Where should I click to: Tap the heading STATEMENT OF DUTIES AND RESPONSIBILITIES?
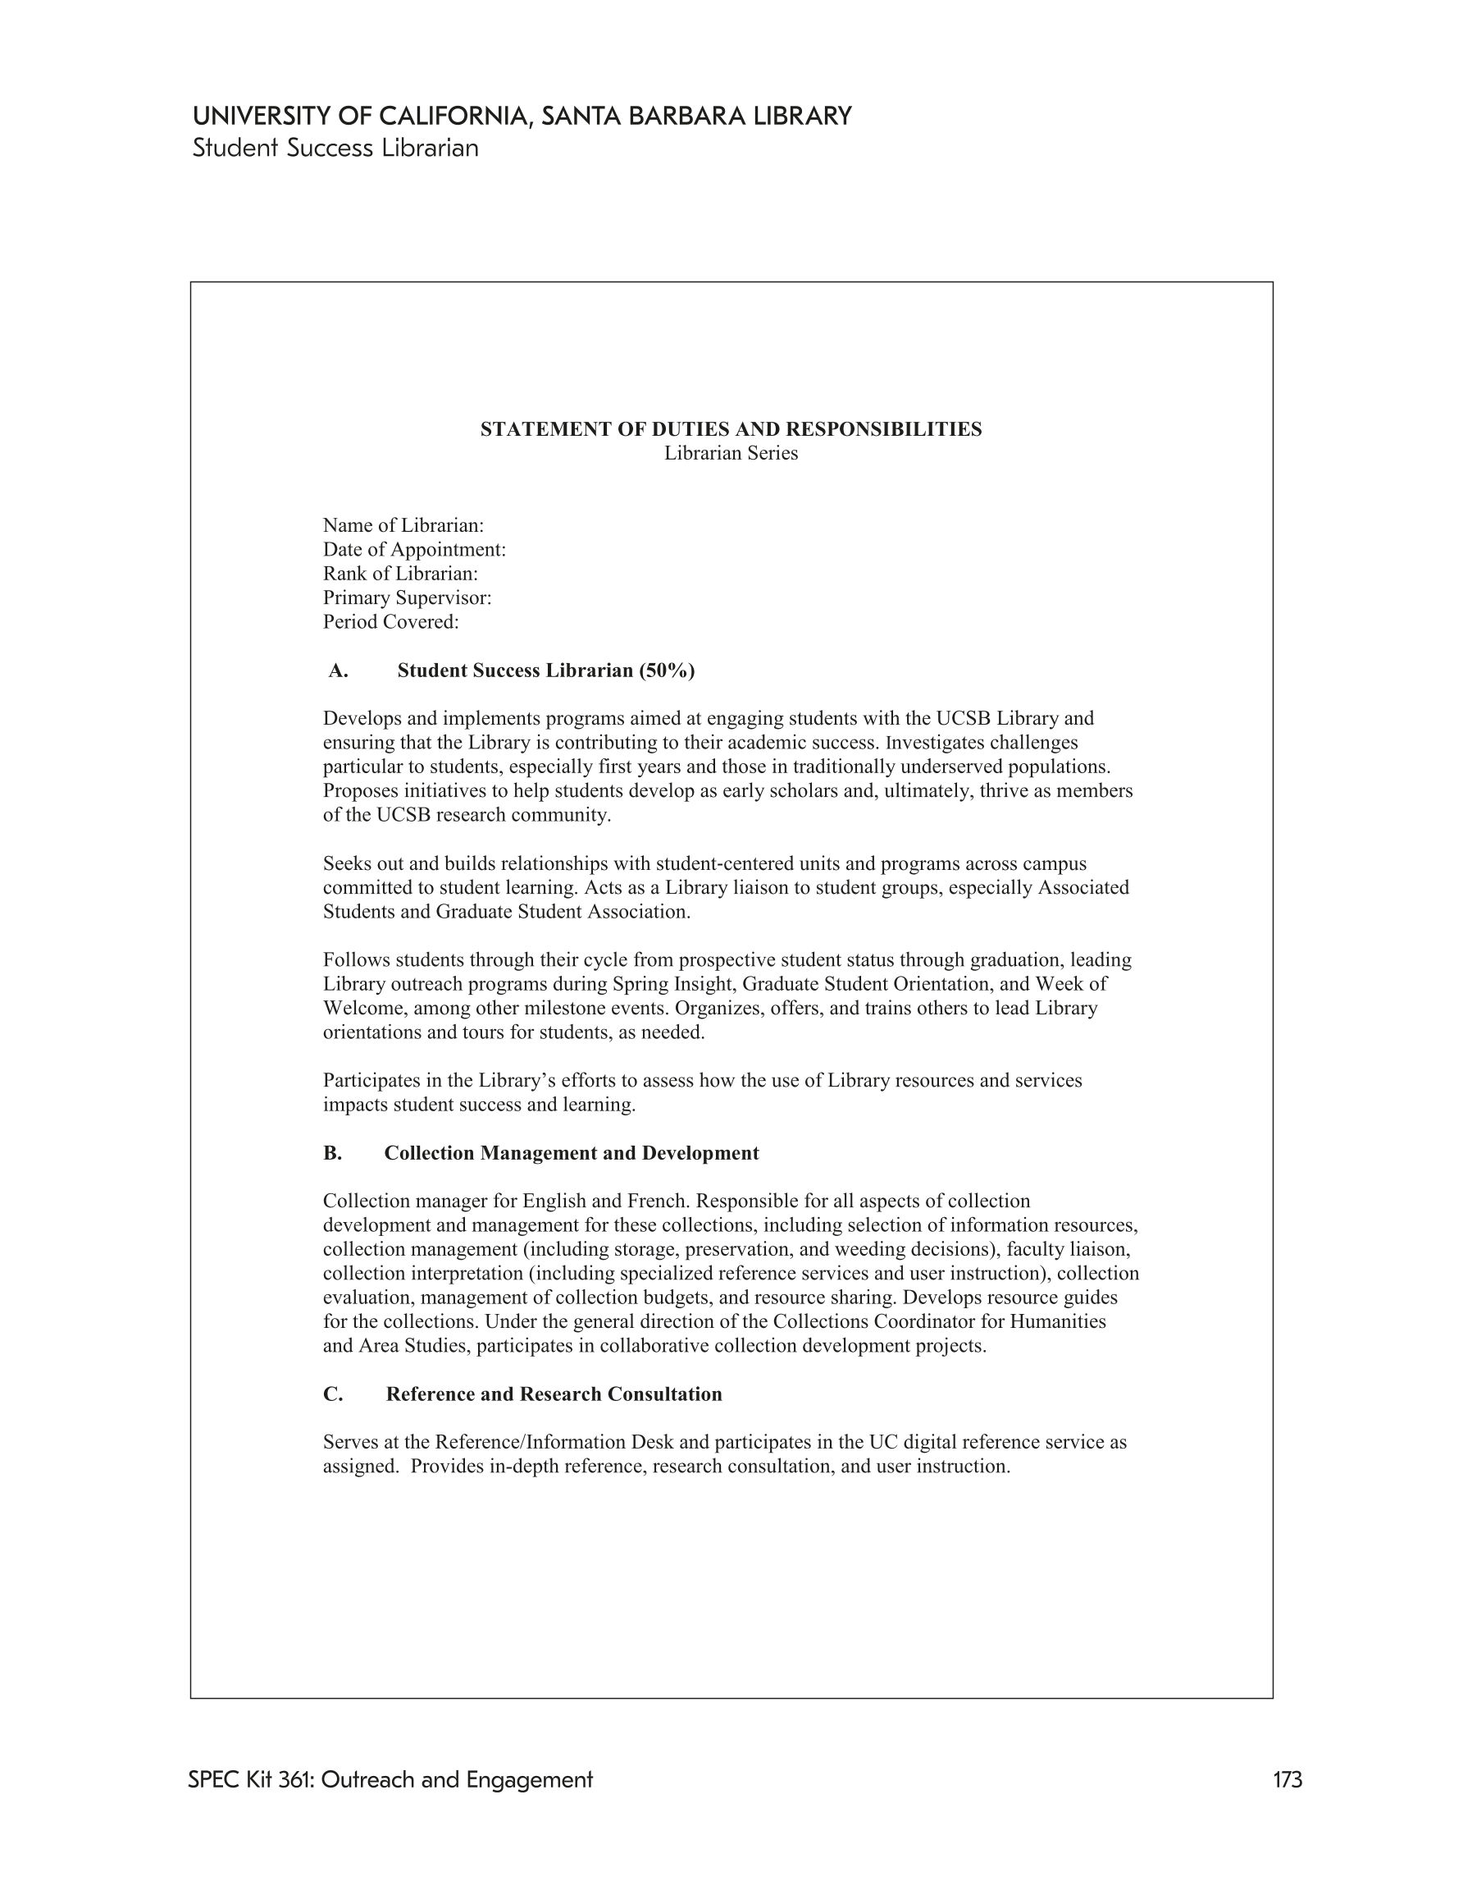pyautogui.click(x=731, y=429)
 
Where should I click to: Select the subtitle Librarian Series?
pyautogui.click(x=731, y=453)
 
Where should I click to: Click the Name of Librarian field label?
pyautogui.click(x=403, y=526)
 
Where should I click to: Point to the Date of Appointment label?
pyautogui.click(x=414, y=550)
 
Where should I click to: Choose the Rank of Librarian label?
pyautogui.click(x=401, y=574)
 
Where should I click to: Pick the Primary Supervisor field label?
pyautogui.click(x=408, y=597)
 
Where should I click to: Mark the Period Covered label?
pyautogui.click(x=391, y=622)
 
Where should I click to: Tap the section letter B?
pyautogui.click(x=332, y=1153)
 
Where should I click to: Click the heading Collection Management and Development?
pyautogui.click(x=572, y=1153)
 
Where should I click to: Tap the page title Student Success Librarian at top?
pyautogui.click(x=335, y=149)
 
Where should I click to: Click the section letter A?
pyautogui.click(x=337, y=671)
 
